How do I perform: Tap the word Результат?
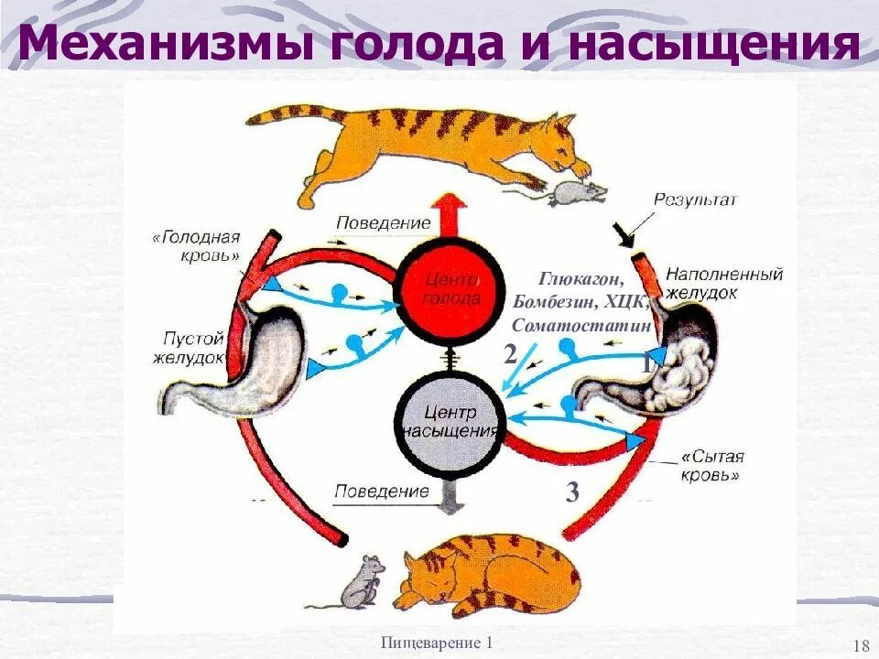pyautogui.click(x=696, y=199)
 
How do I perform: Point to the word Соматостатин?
pyautogui.click(x=581, y=326)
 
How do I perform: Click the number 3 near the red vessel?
pyautogui.click(x=572, y=493)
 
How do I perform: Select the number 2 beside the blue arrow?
pyautogui.click(x=510, y=355)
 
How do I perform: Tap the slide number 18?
pyautogui.click(x=860, y=644)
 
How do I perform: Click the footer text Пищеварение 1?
pyautogui.click(x=438, y=643)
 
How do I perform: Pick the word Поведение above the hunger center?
pyautogui.click(x=383, y=222)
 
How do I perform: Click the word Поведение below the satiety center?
pyautogui.click(x=381, y=492)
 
